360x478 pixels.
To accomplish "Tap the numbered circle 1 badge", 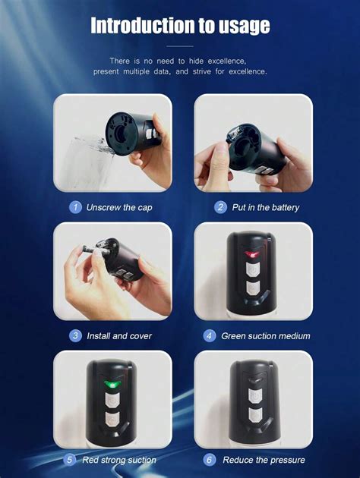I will click(x=75, y=207).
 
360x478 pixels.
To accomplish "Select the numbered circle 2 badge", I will click(x=221, y=207).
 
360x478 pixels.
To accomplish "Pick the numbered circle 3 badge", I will click(x=75, y=335).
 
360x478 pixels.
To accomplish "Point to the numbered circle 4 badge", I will click(x=210, y=335).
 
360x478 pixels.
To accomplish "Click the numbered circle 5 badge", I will click(x=69, y=460).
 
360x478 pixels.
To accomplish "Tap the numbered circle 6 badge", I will click(x=210, y=460).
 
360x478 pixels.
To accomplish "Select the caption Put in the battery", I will click(x=266, y=207).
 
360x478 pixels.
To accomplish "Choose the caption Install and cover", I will click(x=120, y=335).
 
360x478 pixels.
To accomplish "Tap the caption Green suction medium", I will click(x=266, y=335).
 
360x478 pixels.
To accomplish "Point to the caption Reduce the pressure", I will click(x=264, y=460).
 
